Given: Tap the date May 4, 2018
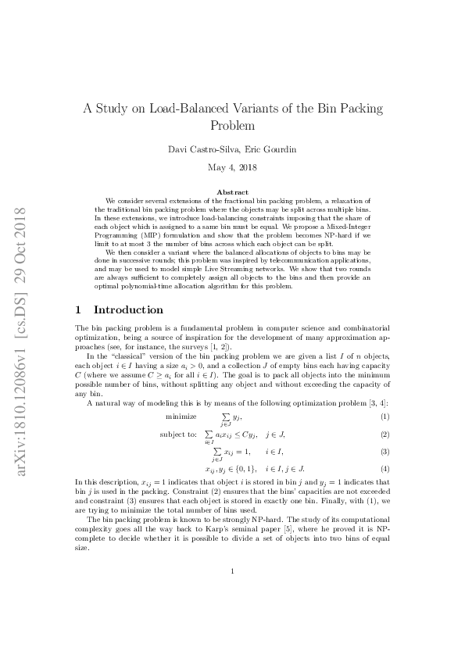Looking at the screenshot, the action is (232, 167).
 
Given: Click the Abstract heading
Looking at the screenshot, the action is (232, 192).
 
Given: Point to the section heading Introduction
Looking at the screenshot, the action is (128, 310).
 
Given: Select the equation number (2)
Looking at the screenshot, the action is (385, 434).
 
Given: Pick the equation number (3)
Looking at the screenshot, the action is (385, 452).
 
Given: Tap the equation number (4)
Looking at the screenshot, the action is (385, 469).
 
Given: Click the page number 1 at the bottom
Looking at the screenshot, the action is (232, 593).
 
